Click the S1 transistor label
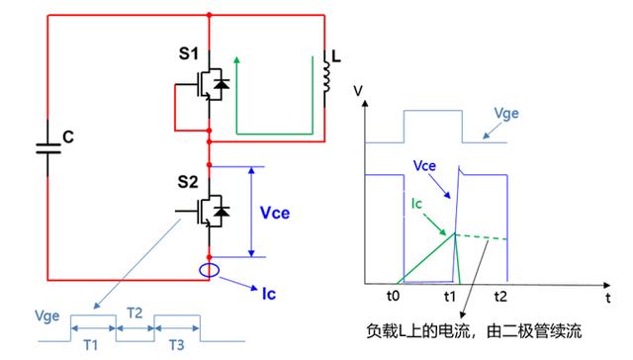pyautogui.click(x=187, y=51)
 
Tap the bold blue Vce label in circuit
pyautogui.click(x=276, y=212)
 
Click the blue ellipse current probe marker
pyautogui.click(x=210, y=271)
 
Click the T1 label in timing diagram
pyautogui.click(x=91, y=345)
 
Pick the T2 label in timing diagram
pyautogui.click(x=136, y=313)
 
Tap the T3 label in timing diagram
pyautogui.click(x=175, y=345)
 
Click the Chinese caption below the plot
pyautogui.click(x=484, y=326)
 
